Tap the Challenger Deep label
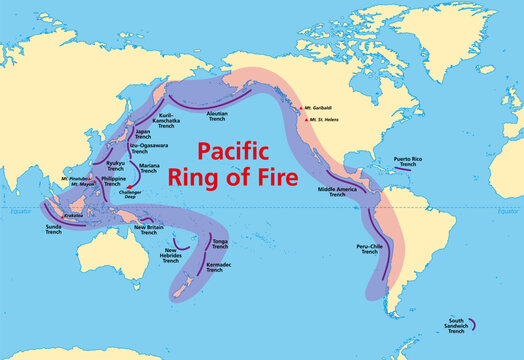point(141,192)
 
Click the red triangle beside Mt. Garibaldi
point(300,108)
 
